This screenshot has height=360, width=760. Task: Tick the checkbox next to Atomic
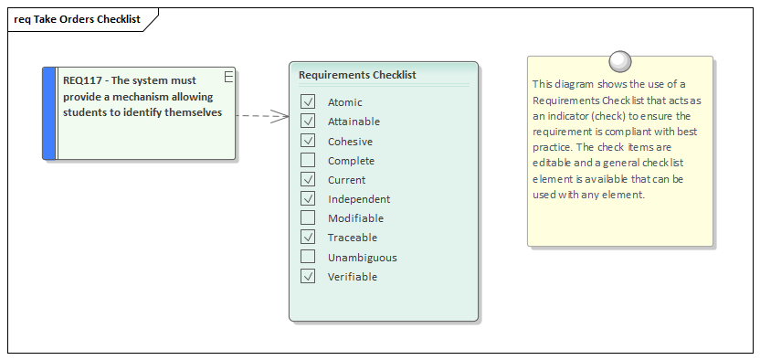308,102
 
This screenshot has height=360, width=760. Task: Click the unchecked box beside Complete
308,161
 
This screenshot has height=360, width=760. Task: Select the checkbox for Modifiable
308,218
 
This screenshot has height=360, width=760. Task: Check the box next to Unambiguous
308,258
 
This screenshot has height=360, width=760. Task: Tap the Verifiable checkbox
308,277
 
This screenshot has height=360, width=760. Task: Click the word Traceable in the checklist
352,238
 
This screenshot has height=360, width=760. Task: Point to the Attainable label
354,122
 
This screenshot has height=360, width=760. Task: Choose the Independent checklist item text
359,199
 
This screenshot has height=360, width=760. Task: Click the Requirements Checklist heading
357,75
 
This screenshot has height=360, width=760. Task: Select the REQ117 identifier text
81,80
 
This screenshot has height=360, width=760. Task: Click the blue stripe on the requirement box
49,113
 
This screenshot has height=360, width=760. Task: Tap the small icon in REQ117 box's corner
228,75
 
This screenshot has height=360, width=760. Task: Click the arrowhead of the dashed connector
282,117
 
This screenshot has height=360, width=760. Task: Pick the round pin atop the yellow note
620,61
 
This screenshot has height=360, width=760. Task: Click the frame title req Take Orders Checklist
78,19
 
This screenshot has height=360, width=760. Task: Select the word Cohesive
350,142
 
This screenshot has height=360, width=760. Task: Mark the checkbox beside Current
308,180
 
